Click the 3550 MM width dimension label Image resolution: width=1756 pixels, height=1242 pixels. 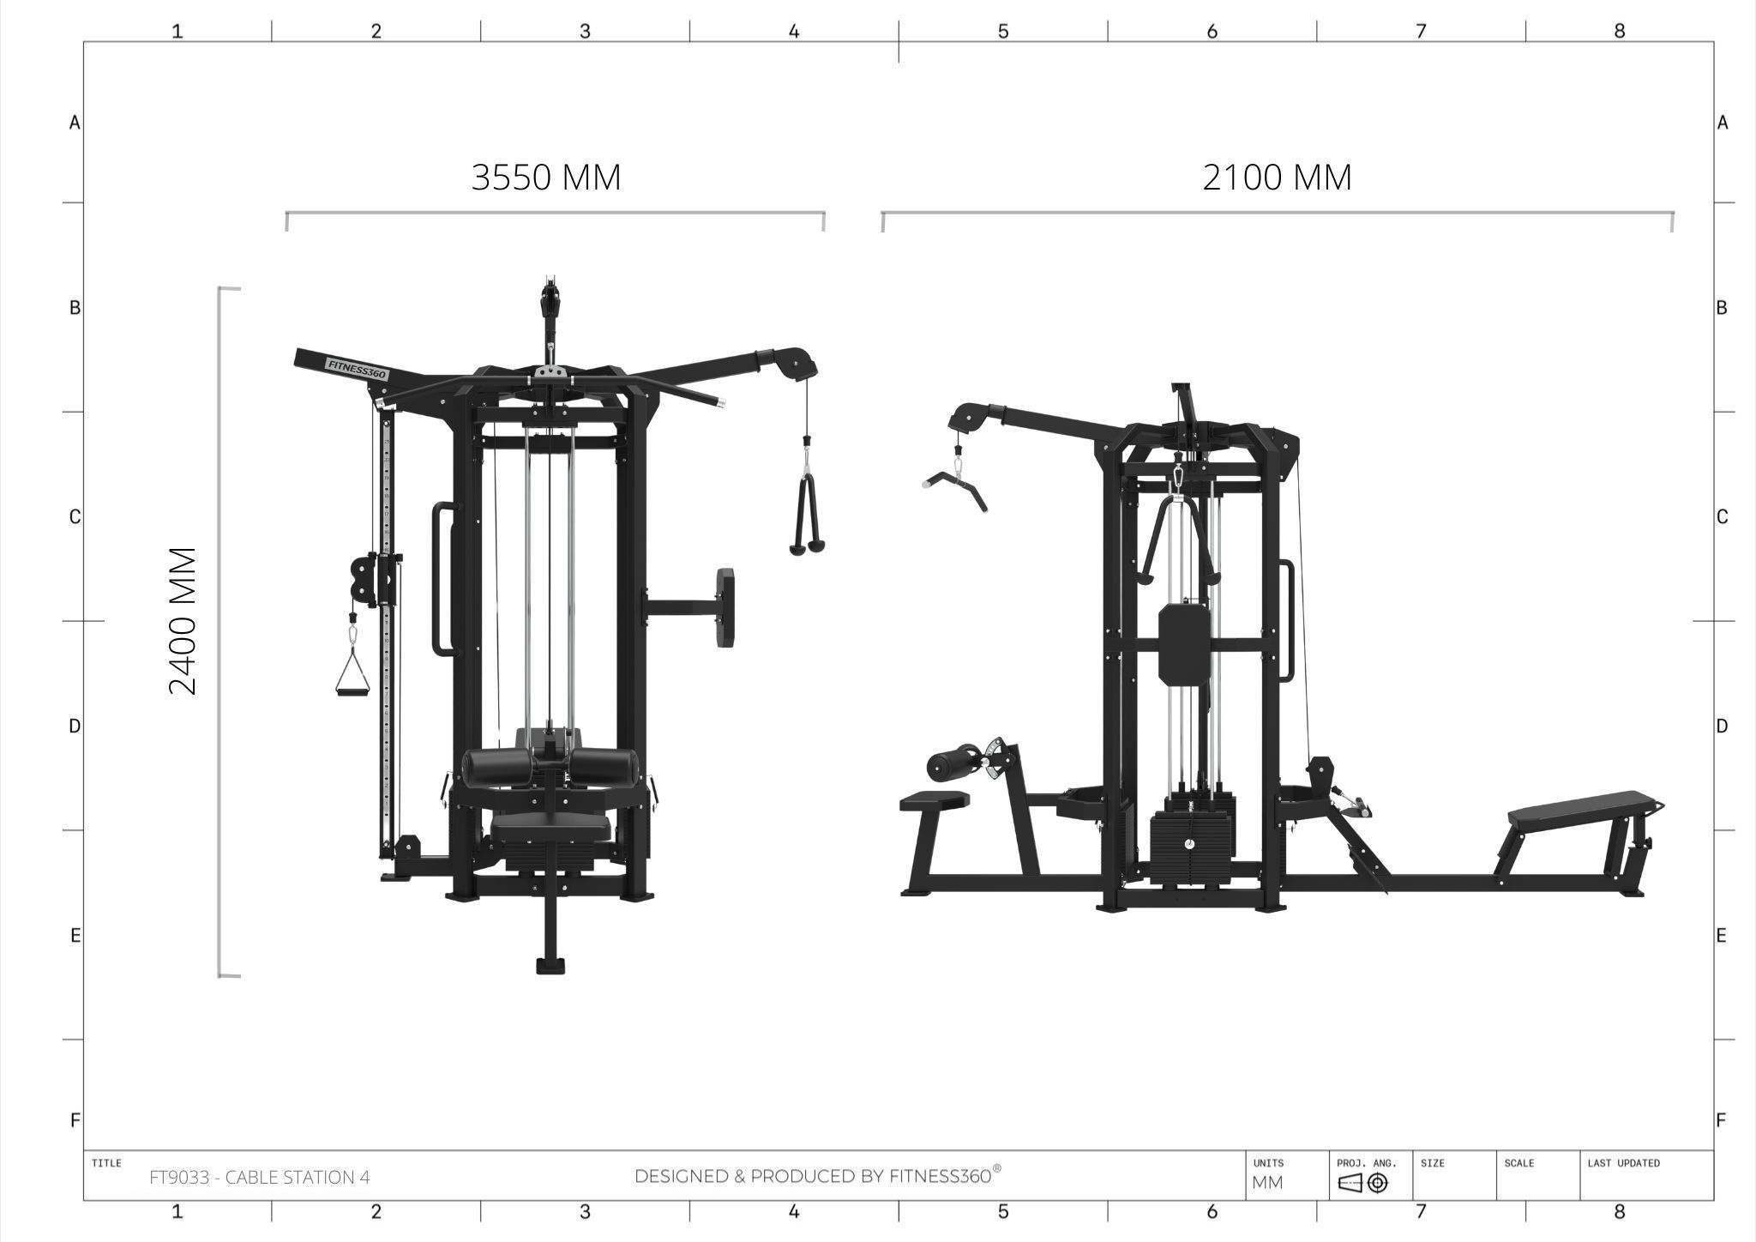[x=546, y=178]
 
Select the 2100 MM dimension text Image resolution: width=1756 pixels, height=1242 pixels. [x=1277, y=178]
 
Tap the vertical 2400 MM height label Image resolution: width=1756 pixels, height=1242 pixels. [x=183, y=621]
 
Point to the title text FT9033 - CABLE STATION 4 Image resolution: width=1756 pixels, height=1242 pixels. [x=260, y=1178]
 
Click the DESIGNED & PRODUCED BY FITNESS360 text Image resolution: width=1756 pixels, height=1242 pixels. [x=817, y=1176]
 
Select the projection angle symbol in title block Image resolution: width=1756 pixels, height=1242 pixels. [x=1363, y=1184]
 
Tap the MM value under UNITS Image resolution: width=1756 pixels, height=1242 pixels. [x=1268, y=1183]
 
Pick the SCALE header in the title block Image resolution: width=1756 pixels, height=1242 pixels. [x=1518, y=1163]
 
